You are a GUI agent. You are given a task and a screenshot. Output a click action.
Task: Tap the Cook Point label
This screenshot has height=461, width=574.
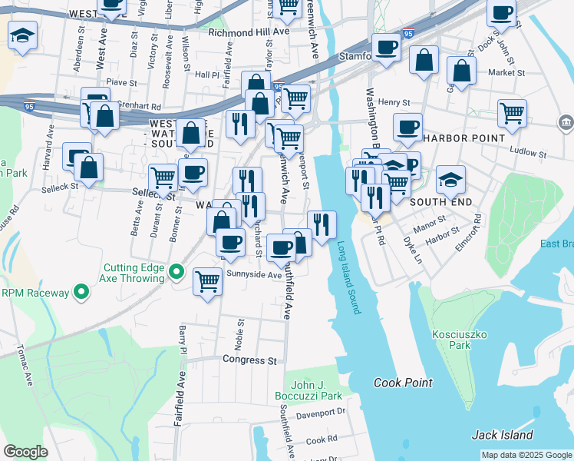(403, 383)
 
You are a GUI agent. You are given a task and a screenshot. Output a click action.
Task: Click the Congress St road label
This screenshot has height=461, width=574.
(249, 360)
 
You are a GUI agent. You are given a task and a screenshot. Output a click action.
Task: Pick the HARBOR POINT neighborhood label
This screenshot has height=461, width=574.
(463, 138)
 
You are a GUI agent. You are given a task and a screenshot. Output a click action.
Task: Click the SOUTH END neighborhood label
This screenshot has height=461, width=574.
(438, 201)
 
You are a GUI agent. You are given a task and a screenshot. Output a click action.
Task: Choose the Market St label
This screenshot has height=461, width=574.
(506, 73)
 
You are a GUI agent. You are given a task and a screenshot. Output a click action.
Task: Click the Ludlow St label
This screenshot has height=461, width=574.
(525, 152)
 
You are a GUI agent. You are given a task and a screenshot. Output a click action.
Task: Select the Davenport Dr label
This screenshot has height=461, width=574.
(321, 413)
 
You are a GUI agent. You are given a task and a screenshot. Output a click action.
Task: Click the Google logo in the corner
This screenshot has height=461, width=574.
(26, 452)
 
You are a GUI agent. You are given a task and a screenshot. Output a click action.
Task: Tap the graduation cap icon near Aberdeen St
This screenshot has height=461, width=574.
(23, 35)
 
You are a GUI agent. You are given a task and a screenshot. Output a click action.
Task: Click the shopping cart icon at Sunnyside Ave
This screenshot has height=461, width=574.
(207, 281)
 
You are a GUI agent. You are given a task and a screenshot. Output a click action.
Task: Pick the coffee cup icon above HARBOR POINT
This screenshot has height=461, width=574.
(407, 126)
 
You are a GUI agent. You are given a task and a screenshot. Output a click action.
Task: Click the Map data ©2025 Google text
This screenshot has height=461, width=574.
(526, 455)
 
